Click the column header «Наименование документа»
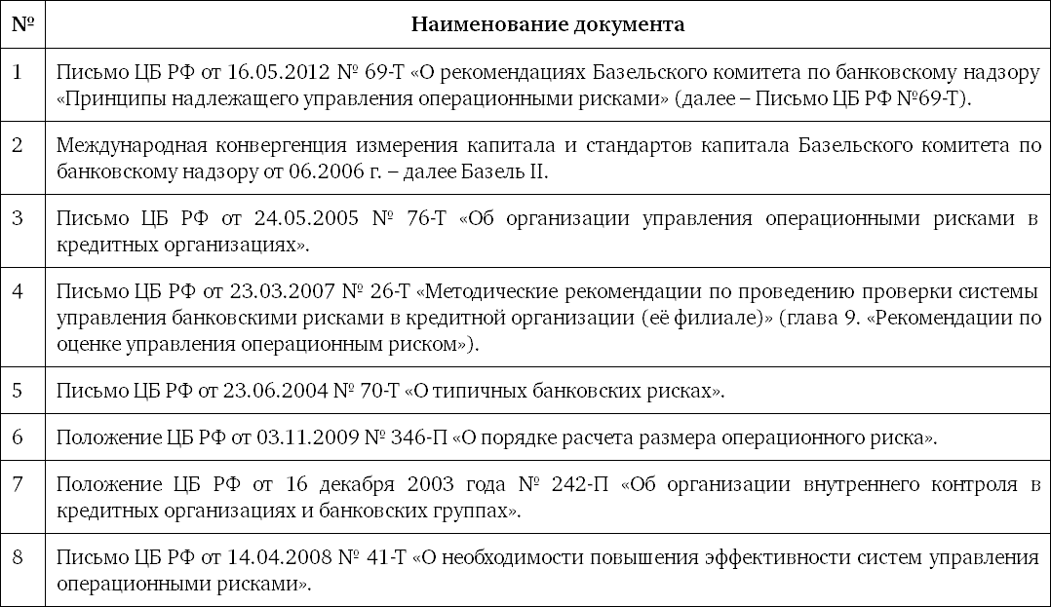pyautogui.click(x=547, y=24)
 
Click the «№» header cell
pyautogui.click(x=22, y=24)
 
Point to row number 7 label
pyautogui.click(x=18, y=483)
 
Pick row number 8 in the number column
pyautogui.click(x=18, y=557)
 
